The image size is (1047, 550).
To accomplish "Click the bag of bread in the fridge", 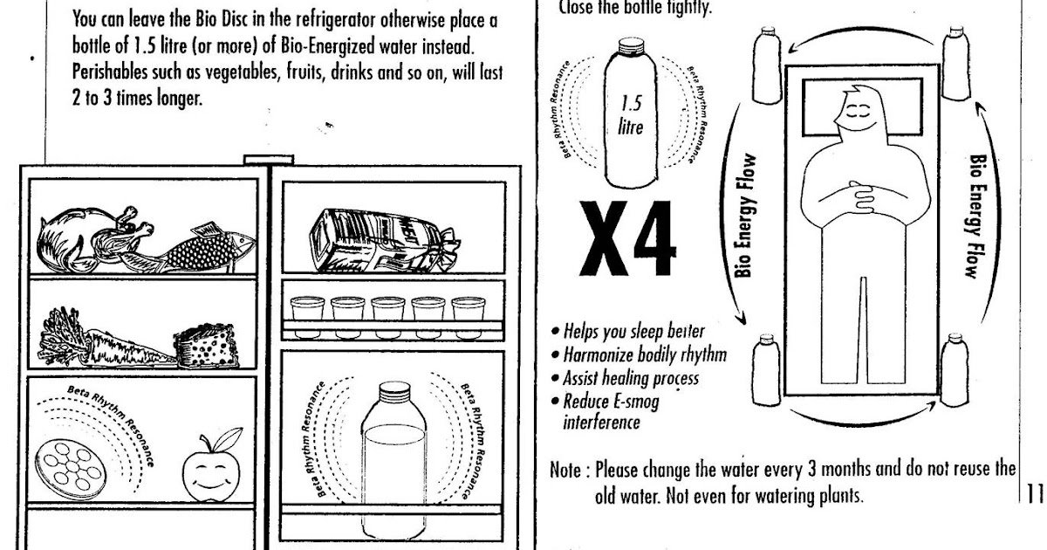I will click(380, 237).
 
